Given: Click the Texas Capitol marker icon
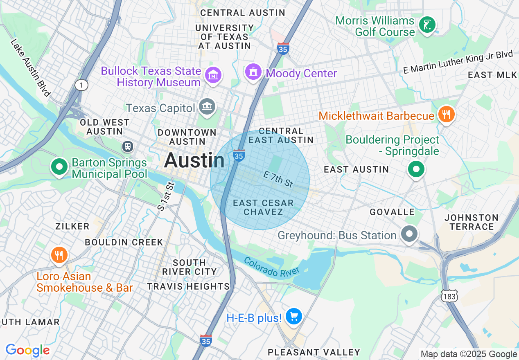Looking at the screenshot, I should (207, 107).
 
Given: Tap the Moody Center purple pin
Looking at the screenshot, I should (254, 72).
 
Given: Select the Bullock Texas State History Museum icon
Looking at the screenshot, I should (214, 75).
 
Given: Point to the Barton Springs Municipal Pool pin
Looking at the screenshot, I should (60, 167).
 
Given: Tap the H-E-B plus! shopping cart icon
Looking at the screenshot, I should (293, 317).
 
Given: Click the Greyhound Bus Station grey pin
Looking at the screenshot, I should (409, 234).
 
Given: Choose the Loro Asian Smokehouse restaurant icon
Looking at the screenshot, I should (59, 255).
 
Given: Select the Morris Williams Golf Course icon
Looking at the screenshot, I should (427, 25).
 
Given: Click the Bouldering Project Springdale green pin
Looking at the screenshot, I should (416, 169).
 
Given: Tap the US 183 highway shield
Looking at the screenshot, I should (449, 296).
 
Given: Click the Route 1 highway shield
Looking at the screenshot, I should (81, 85).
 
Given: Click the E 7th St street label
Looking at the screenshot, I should (278, 180).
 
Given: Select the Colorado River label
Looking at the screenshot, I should (272, 266).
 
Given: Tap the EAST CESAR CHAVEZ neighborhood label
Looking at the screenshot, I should (263, 207).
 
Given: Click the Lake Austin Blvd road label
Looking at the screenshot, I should (31, 67).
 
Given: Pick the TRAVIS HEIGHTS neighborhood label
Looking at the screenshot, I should (188, 286).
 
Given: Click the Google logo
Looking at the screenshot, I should (27, 350).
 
